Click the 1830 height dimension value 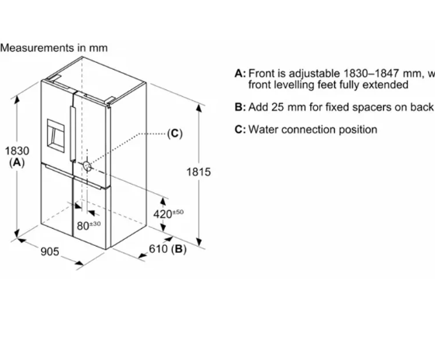pyautogui.click(x=17, y=151)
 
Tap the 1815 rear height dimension pyautogui.click(x=199, y=172)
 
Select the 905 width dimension pyautogui.click(x=50, y=251)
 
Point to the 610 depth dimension pyautogui.click(x=158, y=249)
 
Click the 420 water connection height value pyautogui.click(x=163, y=214)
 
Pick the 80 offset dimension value pyautogui.click(x=83, y=226)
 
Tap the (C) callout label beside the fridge pyautogui.click(x=174, y=133)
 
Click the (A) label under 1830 pyautogui.click(x=17, y=163)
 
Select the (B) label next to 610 pyautogui.click(x=178, y=249)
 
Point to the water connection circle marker pyautogui.click(x=88, y=166)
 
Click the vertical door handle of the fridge pyautogui.click(x=73, y=133)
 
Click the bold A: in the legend pyautogui.click(x=240, y=74)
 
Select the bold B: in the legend pyautogui.click(x=240, y=107)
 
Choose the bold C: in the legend pyautogui.click(x=240, y=130)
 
